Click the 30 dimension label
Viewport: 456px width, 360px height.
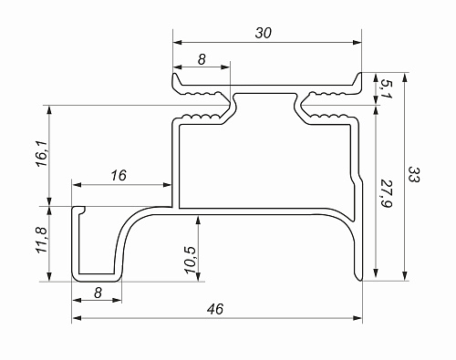pyautogui.click(x=264, y=33)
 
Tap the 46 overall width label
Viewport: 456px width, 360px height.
pyautogui.click(x=215, y=309)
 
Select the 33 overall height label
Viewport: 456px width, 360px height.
pyautogui.click(x=413, y=174)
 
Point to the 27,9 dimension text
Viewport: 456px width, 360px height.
pyautogui.click(x=387, y=194)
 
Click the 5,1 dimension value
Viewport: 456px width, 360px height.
pyautogui.click(x=387, y=88)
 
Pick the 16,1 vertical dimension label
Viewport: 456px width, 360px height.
pyautogui.click(x=42, y=153)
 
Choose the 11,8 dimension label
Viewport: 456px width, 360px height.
pyautogui.click(x=42, y=240)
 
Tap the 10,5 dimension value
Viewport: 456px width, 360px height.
pyautogui.click(x=191, y=260)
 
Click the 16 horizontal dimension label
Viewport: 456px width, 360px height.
pyautogui.click(x=119, y=175)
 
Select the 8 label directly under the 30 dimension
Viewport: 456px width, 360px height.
pyautogui.click(x=202, y=59)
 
